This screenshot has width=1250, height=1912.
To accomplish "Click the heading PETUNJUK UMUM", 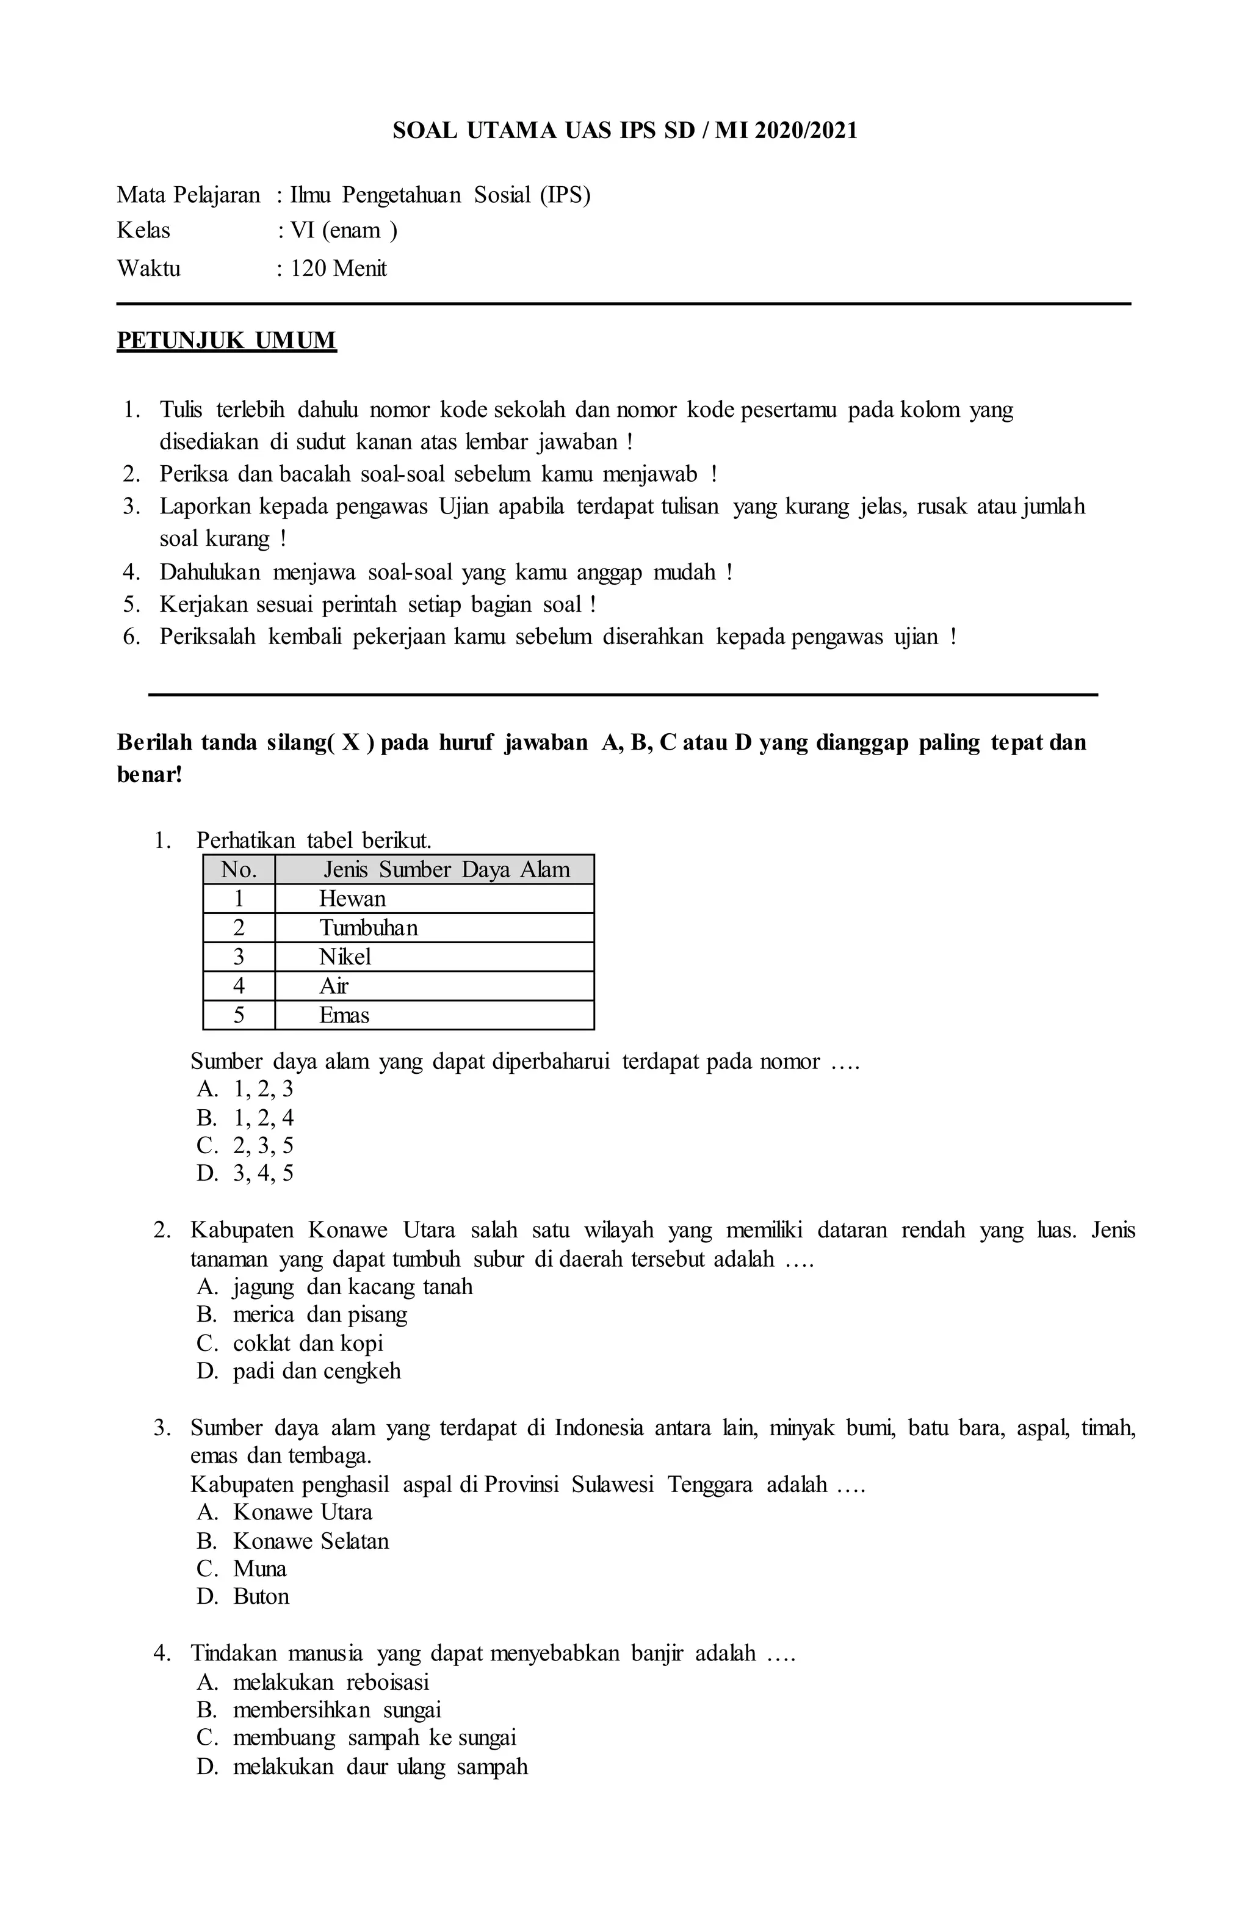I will [226, 341].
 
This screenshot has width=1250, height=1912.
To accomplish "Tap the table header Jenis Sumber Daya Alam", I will [446, 870].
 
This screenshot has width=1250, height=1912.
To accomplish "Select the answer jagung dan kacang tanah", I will [352, 1287].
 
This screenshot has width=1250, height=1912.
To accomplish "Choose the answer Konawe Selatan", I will [310, 1541].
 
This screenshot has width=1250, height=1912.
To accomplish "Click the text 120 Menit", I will [338, 269].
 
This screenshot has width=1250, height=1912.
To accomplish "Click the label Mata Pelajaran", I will [189, 195].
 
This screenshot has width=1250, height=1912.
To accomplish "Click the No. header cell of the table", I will [239, 870].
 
